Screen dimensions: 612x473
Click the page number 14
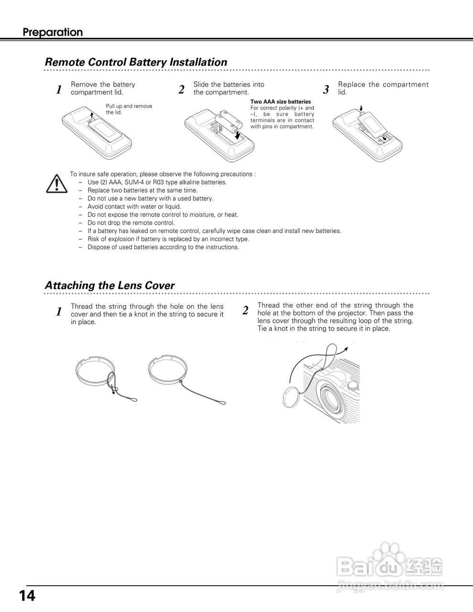pos(27,596)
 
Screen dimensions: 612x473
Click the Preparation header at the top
pos(53,33)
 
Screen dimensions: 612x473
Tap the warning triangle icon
pos(56,183)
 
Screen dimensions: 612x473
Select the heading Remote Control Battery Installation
pos(136,62)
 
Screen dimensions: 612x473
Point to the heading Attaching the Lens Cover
pos(110,285)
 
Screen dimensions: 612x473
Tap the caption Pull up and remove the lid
pos(129,109)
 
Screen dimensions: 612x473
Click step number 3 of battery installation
pos(326,89)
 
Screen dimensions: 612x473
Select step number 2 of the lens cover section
pos(245,310)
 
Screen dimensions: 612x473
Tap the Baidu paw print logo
pos(389,555)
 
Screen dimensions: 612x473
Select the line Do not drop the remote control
pos(131,223)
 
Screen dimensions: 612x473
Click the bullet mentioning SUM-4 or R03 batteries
pos(157,182)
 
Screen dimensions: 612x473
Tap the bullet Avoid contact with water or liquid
pos(134,207)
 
